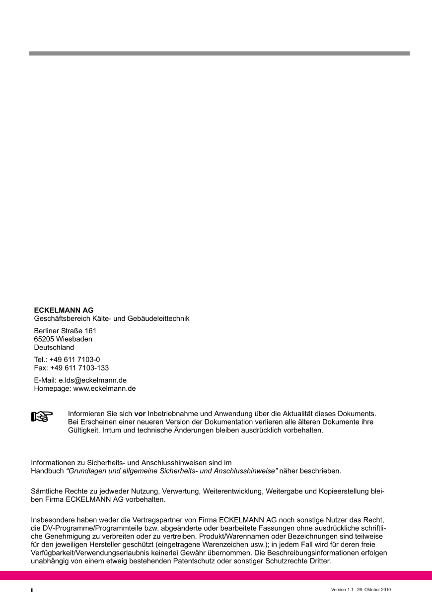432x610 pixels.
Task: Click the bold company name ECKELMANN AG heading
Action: coord(64,310)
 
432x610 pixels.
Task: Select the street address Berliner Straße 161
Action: coord(65,331)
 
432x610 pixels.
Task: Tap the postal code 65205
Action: coord(43,339)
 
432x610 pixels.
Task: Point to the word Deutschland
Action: coord(54,348)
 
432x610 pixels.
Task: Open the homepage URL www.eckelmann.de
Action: coord(104,389)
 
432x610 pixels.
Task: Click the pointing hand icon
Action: coord(42,417)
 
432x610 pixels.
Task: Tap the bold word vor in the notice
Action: coord(140,414)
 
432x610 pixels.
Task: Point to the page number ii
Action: coord(32,590)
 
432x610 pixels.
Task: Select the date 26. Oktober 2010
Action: coord(374,590)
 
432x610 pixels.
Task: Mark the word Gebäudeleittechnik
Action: coord(161,318)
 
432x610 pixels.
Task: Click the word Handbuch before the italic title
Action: coord(47,470)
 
